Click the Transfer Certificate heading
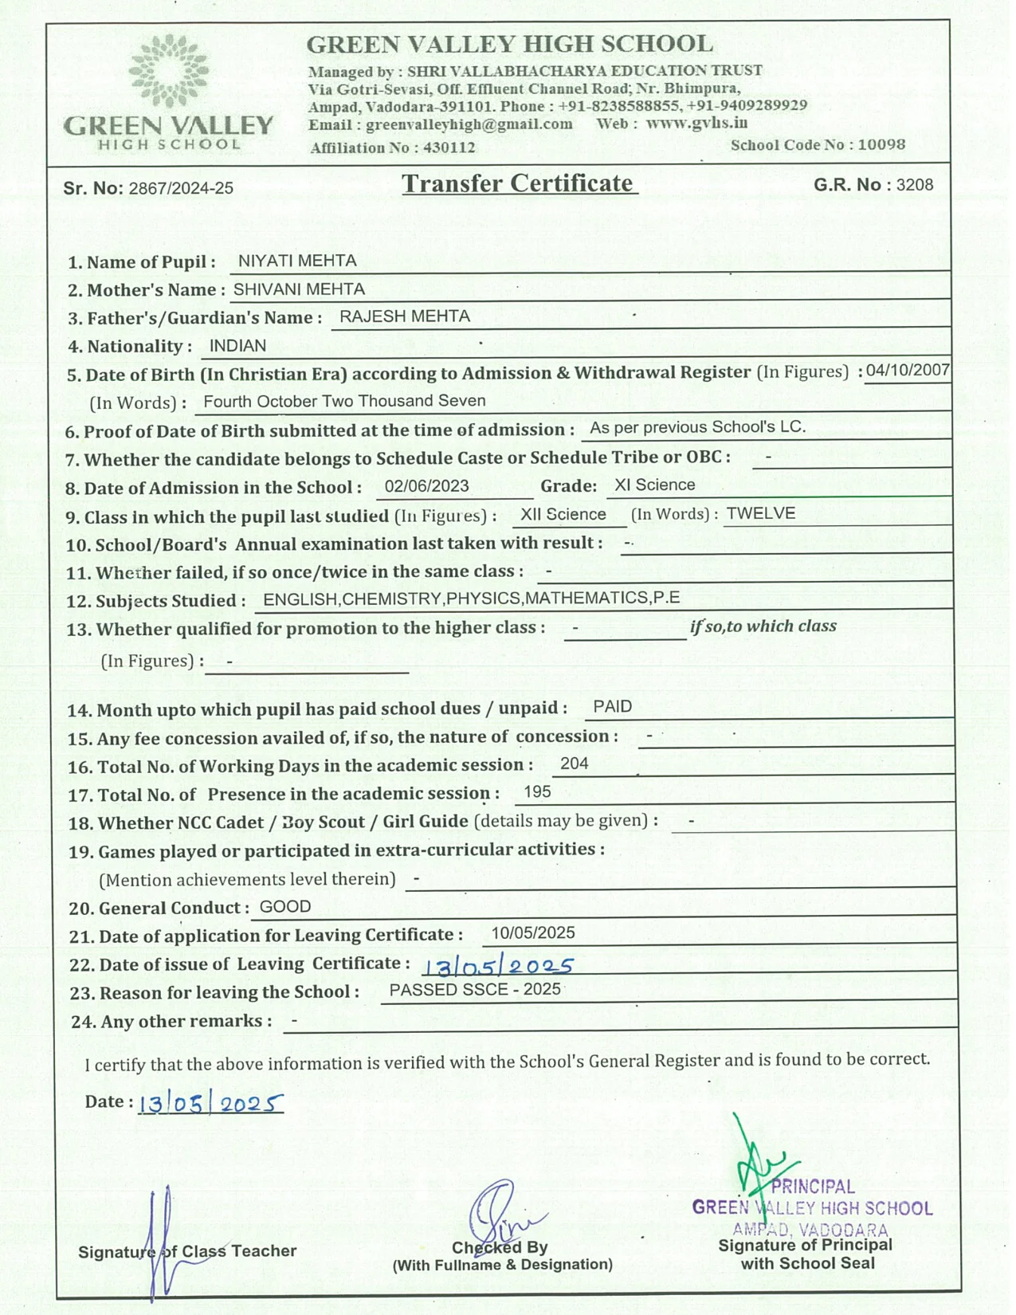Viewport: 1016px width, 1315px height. point(519,183)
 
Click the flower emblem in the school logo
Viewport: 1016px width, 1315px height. point(169,71)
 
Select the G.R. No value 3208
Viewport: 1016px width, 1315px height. point(914,185)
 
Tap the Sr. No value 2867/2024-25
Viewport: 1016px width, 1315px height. point(181,189)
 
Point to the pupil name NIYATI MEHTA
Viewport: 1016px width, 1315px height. point(297,261)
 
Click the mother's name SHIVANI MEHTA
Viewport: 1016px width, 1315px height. point(299,289)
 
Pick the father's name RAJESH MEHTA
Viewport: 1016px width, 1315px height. point(405,316)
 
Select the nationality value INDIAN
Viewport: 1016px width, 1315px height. point(237,346)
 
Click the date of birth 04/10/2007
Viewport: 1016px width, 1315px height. point(908,370)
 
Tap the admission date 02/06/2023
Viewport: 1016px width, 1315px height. point(426,486)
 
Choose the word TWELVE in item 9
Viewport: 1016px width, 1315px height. point(761,513)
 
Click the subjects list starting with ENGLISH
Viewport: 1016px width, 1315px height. point(471,599)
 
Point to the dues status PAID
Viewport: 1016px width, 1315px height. point(613,707)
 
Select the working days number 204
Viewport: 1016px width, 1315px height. point(574,763)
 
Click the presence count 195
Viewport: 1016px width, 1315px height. point(538,791)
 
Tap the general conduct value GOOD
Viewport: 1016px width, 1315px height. point(285,907)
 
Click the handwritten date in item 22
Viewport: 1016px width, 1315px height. point(497,967)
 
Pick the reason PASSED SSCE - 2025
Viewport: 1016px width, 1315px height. point(475,990)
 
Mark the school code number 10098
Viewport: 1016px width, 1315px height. point(881,144)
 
